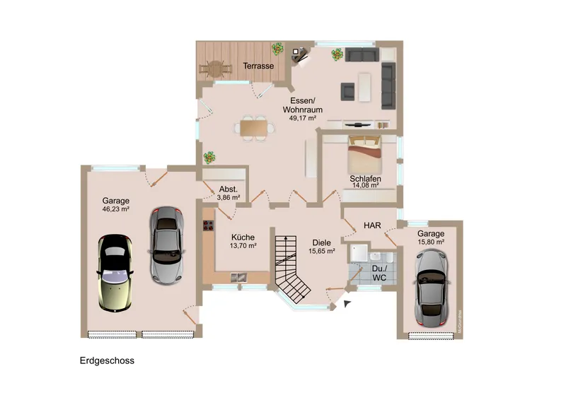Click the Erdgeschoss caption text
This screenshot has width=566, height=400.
point(107,360)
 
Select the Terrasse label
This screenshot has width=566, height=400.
point(258,66)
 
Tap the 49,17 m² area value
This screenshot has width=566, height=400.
point(302,119)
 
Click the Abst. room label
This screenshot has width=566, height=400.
point(228,189)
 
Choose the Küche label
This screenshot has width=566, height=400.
point(243,237)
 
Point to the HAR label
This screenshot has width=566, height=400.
point(372,225)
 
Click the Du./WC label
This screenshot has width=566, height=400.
point(379,273)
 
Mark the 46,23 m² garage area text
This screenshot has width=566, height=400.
point(115,209)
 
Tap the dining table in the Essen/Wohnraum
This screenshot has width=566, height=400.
point(254,128)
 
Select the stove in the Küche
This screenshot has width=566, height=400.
point(209,226)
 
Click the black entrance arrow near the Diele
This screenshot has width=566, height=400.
point(347,303)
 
